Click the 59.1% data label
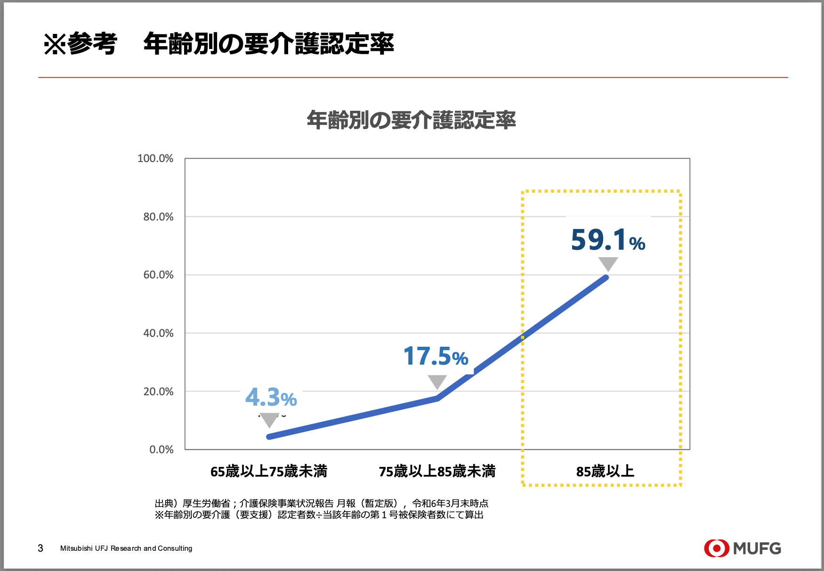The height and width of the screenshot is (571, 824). tap(607, 240)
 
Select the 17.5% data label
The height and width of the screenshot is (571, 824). tap(436, 356)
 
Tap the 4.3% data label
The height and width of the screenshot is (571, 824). tap(271, 397)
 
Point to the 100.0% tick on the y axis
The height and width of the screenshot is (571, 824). tap(155, 158)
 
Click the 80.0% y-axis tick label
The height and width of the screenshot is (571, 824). tap(158, 217)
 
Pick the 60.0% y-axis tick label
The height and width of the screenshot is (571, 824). tap(158, 275)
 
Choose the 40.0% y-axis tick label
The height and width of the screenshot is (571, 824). tap(158, 333)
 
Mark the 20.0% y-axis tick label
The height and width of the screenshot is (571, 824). tap(158, 392)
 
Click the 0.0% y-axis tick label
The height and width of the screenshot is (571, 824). tap(162, 449)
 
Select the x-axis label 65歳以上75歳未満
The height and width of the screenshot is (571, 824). tap(268, 471)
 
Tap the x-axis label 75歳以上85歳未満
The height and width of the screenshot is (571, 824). tap(437, 471)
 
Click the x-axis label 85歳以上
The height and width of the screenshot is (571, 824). tap(605, 471)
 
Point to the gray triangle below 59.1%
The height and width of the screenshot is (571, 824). tap(608, 263)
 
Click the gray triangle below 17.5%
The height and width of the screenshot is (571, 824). tap(437, 381)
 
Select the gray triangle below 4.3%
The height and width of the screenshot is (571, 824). tap(269, 419)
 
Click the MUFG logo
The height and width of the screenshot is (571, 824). tap(742, 548)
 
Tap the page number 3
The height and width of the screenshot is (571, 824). tap(40, 548)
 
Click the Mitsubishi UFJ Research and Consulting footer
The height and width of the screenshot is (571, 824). tap(126, 548)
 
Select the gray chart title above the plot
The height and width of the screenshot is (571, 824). tap(411, 120)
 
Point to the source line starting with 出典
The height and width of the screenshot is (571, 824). tap(321, 504)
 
